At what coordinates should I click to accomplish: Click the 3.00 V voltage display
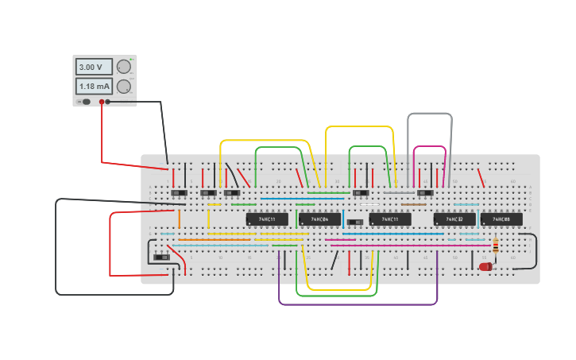[94, 68]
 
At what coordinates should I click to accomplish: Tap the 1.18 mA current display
[94, 86]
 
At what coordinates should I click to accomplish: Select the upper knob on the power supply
[124, 67]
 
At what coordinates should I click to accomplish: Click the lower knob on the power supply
[124, 86]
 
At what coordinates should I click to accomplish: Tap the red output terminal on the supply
[102, 102]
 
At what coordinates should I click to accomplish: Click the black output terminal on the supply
[108, 102]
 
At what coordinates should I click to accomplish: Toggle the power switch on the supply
[85, 102]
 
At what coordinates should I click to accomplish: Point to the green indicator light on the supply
[131, 60]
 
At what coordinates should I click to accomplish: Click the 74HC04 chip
[319, 219]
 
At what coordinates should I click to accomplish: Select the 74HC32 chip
[454, 219]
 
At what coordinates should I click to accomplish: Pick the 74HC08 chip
[501, 219]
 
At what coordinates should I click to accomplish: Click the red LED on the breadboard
[485, 267]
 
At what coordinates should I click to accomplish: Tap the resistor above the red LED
[496, 246]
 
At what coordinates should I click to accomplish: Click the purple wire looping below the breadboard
[358, 304]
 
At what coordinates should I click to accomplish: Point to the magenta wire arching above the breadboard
[430, 147]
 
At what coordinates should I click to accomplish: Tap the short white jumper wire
[369, 205]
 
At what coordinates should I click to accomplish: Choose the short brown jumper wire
[413, 204]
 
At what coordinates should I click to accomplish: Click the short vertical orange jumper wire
[179, 219]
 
